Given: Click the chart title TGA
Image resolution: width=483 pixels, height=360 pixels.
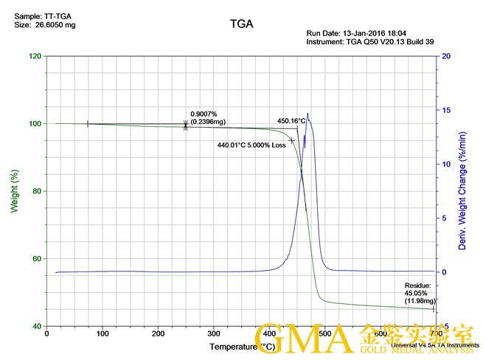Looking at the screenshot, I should click(241, 24).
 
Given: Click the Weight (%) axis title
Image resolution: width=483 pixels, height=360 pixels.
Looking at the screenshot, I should click(13, 191).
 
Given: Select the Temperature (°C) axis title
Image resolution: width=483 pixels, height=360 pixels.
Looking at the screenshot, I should click(242, 346).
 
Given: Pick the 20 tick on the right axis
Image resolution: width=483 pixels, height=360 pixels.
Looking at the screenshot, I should click(446, 56).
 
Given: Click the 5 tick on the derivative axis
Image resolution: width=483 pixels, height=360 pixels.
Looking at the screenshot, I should click(444, 218).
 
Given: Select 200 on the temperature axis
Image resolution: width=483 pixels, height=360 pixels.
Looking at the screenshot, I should click(158, 333).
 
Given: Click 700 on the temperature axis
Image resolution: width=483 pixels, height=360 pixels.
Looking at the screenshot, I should click(435, 333).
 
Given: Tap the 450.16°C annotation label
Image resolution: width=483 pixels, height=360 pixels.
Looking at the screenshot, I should click(291, 121).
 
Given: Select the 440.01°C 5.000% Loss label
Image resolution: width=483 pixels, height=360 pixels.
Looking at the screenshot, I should click(251, 145).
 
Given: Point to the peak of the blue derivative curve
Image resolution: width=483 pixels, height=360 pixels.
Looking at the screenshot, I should click(307, 114).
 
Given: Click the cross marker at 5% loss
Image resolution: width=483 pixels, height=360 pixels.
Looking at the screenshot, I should click(292, 140).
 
